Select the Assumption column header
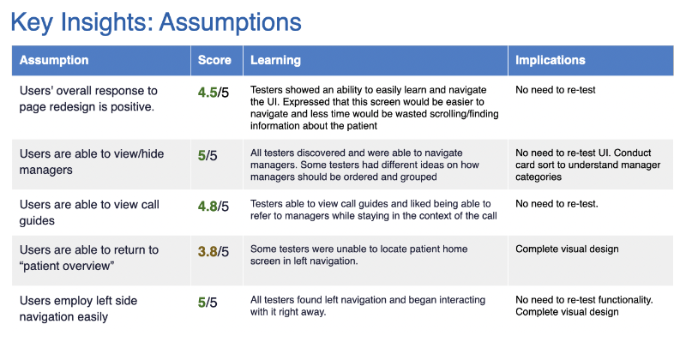pyautogui.click(x=54, y=61)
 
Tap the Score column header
pyautogui.click(x=214, y=61)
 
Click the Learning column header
pyautogui.click(x=275, y=61)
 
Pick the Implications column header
pyautogui.click(x=551, y=61)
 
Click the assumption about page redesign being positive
pyautogui.click(x=88, y=98)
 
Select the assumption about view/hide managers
pyautogui.click(x=88, y=160)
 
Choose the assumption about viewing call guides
pyautogui.click(x=89, y=212)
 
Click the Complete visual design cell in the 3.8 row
pyautogui.click(x=567, y=249)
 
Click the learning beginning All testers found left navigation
pyautogui.click(x=368, y=306)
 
